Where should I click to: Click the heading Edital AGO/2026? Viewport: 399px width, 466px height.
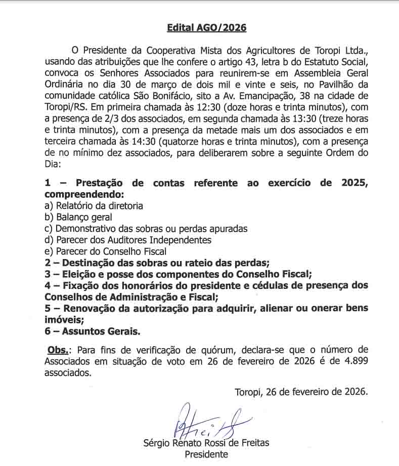[x=206, y=28]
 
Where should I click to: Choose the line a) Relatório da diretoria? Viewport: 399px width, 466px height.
[x=94, y=206]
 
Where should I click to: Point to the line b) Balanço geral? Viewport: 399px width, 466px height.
[x=78, y=217]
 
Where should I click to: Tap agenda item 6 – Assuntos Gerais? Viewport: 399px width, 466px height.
[x=92, y=331]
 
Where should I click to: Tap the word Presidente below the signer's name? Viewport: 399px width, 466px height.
[x=206, y=454]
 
